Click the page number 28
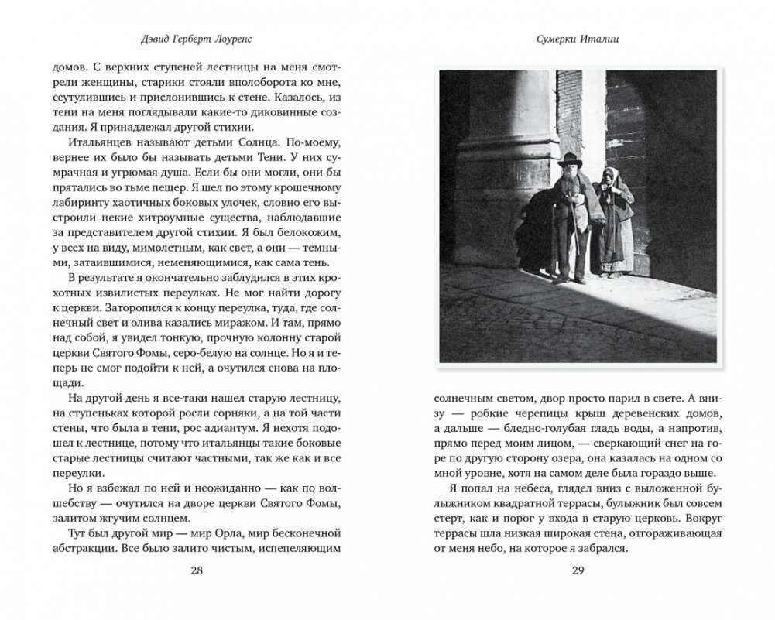pyautogui.click(x=197, y=571)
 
